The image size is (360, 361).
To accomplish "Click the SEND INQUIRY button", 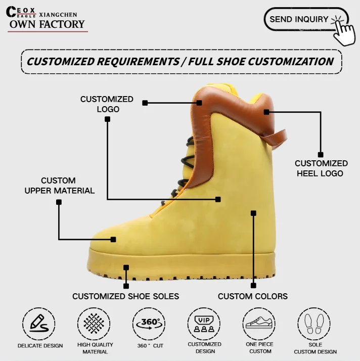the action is point(299,20).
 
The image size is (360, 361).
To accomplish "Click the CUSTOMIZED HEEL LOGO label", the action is point(321,168).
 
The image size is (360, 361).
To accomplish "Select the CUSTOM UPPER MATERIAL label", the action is point(59,186).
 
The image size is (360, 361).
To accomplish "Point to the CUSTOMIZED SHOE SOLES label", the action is point(125,296).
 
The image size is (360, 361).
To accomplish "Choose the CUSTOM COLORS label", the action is point(253,296).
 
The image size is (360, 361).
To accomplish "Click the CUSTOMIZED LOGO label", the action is point(107,104).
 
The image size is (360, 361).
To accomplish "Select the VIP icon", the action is point(204,323).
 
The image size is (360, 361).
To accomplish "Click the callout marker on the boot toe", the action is point(113,239).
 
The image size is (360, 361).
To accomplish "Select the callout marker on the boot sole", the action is point(126,267).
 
